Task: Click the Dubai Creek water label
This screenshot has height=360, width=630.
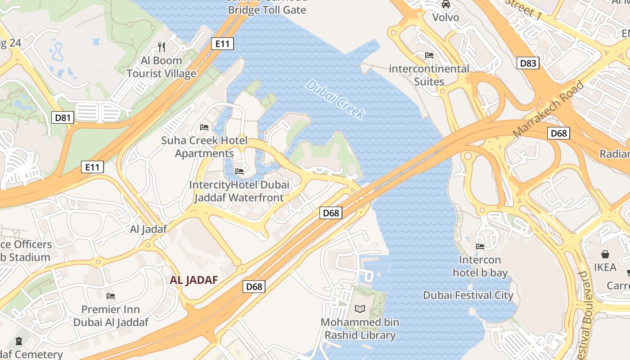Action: point(335,100)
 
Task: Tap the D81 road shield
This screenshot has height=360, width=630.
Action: point(63,118)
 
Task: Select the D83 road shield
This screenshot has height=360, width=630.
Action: point(528,63)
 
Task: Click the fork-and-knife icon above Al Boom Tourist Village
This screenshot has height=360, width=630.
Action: point(162,47)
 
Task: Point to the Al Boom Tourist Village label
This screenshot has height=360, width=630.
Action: point(162,67)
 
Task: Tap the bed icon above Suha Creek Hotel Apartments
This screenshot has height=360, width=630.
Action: point(204,127)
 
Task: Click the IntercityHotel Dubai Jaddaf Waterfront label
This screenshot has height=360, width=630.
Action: point(239,191)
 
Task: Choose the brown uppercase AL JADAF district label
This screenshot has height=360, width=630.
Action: point(194,280)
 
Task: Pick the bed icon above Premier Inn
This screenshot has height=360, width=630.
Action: point(111,296)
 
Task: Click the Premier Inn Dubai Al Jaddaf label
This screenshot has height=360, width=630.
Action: point(111,316)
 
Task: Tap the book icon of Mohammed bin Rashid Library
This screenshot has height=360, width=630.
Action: point(360,309)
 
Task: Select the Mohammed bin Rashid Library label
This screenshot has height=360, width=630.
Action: point(360,329)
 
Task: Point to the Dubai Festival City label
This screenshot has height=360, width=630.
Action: point(468,295)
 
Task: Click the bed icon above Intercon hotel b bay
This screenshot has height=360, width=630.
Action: point(480,246)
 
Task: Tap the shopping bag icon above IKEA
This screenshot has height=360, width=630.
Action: point(605,254)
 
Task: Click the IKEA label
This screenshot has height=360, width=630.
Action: point(605,267)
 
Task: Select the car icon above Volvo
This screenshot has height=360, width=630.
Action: point(445,4)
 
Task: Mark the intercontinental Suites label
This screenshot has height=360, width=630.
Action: point(429,75)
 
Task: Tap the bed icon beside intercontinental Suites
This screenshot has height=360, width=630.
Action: point(429,55)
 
